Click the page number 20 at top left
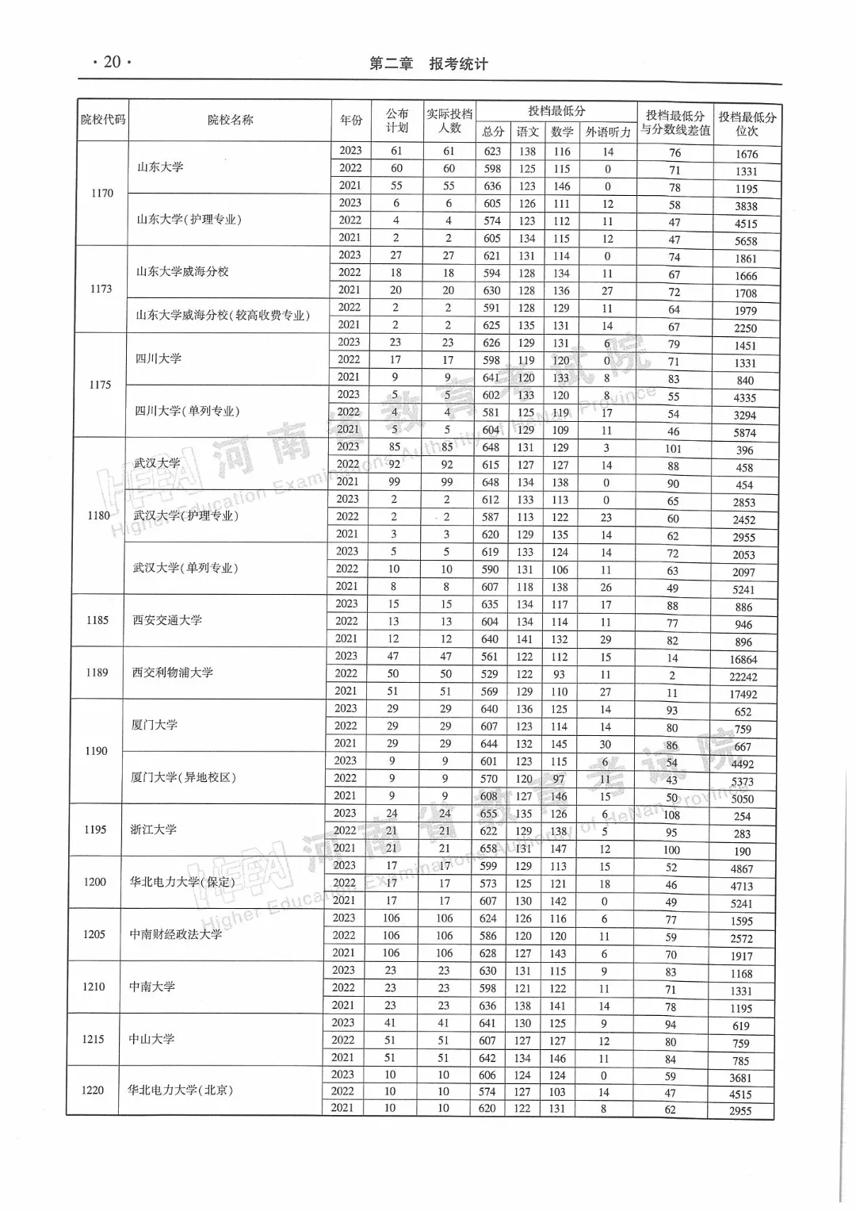112,62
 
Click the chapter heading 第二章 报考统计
429,64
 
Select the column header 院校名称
230,120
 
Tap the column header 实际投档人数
449,121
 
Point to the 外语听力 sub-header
608,132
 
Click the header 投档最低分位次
747,124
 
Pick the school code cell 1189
97,673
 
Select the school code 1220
93,1090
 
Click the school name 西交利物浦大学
172,673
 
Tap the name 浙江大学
153,830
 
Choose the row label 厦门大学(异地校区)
183,777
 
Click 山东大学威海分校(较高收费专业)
222,316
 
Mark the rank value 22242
743,677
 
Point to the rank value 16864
743,660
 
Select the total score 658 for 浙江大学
488,849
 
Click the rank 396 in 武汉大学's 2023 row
744,450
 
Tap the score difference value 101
673,449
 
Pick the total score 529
490,674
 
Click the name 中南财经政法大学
176,934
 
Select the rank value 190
742,852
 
